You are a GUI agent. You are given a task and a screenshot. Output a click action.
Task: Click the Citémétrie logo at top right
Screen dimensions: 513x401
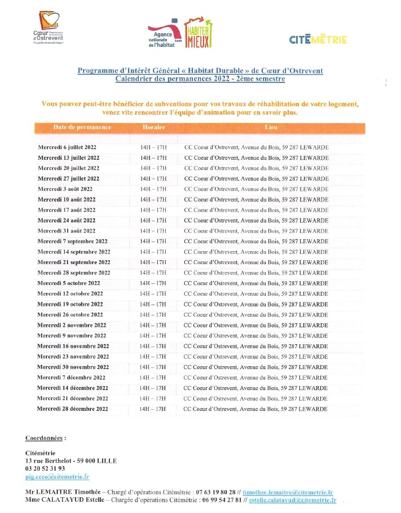coord(318,40)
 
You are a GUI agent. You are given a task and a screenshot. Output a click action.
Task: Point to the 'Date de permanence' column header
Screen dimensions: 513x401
coord(82,128)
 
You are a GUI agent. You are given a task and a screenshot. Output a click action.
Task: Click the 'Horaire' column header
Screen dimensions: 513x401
coord(153,128)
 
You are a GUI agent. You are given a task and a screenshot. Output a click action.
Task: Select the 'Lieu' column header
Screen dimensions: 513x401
coord(271,128)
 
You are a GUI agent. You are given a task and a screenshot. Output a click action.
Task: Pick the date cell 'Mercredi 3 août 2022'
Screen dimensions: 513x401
coord(65,189)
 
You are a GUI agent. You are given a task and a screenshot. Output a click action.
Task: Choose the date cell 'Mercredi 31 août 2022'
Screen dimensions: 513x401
coord(67,231)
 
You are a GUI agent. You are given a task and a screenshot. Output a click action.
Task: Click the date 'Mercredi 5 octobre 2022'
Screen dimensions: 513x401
coord(69,283)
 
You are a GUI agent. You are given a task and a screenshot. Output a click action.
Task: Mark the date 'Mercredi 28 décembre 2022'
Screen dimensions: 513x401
coord(73,409)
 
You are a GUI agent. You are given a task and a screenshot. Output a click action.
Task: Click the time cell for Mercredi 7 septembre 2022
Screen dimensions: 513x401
coord(153,242)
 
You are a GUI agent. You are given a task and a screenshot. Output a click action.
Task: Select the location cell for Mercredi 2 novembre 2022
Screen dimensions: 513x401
coord(256,325)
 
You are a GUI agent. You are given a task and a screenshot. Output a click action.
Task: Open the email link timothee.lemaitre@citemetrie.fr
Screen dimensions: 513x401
coord(288,492)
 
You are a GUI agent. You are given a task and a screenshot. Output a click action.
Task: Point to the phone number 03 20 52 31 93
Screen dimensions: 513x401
coord(45,468)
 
